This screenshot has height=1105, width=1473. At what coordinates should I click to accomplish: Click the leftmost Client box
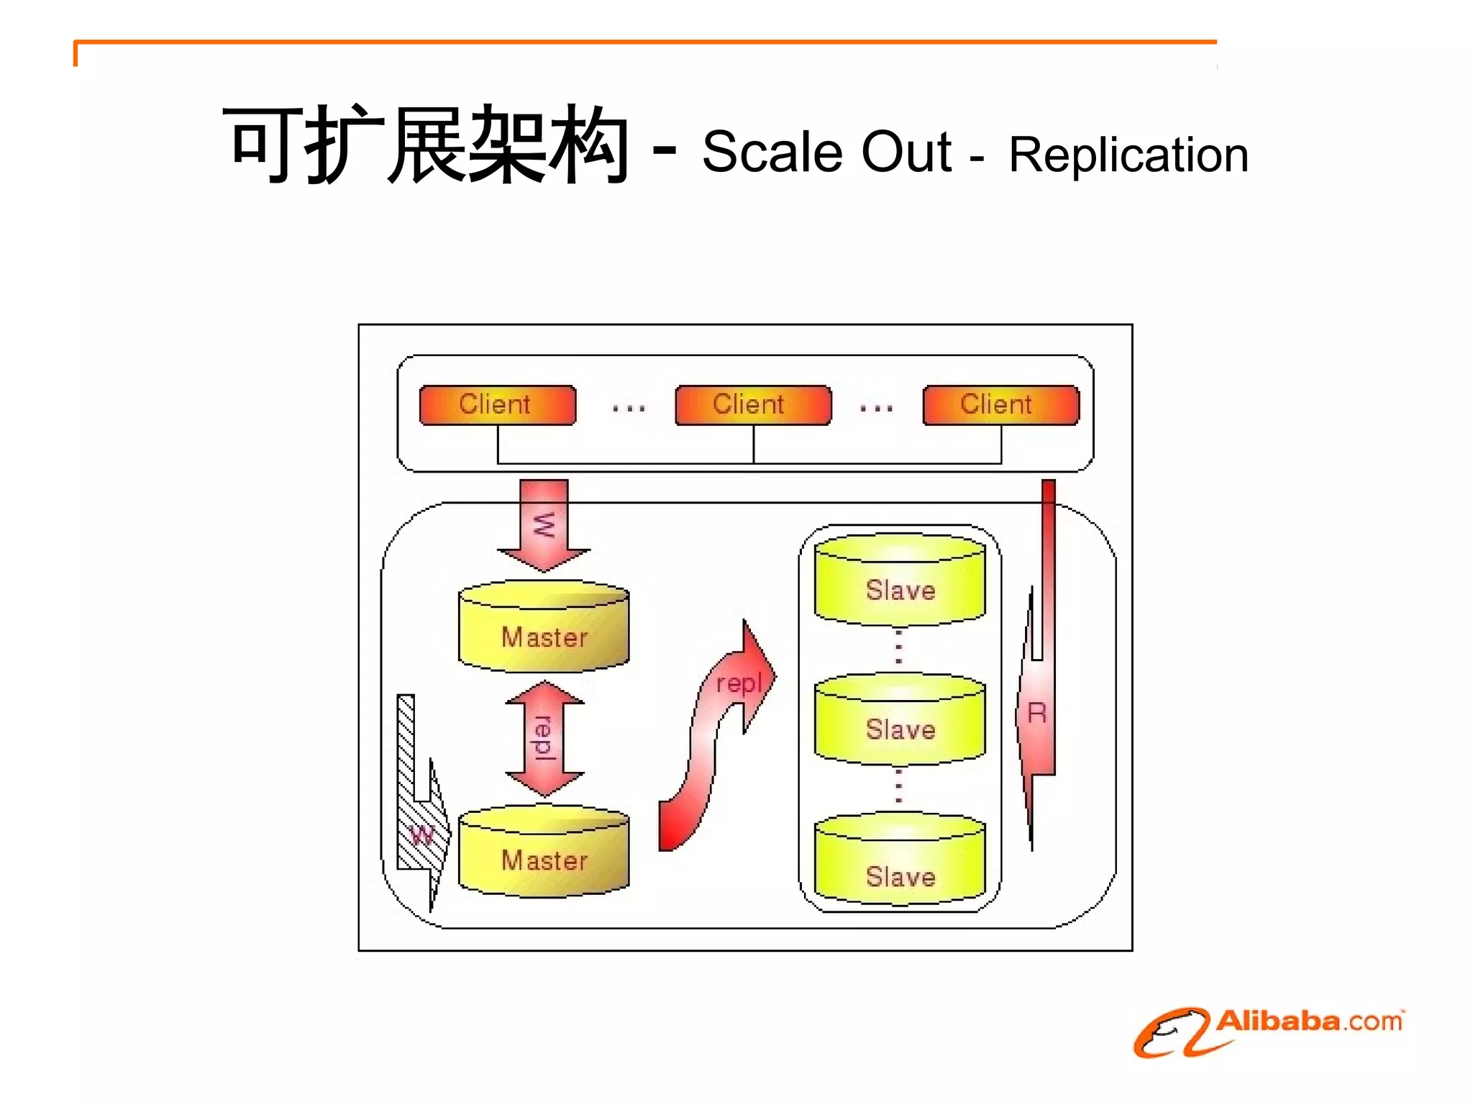tap(497, 405)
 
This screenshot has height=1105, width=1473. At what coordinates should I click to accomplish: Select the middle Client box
tap(752, 405)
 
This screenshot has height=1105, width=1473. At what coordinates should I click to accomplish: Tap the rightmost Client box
tap(1000, 405)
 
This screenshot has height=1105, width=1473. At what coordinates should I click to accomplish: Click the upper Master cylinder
tap(544, 628)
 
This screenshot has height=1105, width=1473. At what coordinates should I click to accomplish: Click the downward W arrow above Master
tap(544, 525)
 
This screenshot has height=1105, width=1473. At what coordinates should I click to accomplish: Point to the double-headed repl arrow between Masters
tap(544, 738)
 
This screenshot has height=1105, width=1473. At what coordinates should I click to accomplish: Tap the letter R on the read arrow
tap(1036, 714)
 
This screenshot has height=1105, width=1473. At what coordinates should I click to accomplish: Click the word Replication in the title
tap(1128, 155)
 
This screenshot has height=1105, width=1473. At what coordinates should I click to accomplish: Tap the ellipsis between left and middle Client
tap(628, 409)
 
